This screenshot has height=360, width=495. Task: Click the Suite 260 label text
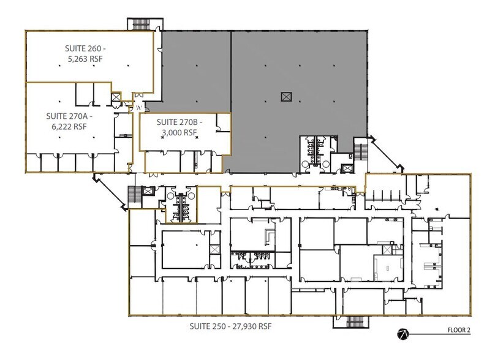coord(85,48)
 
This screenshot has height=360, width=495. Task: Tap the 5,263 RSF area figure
coord(85,59)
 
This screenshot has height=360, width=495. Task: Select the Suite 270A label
coord(69,116)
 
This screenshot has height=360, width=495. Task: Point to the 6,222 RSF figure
coord(69,127)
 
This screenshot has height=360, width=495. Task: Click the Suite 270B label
coord(179,122)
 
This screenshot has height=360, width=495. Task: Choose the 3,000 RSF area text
coord(179,132)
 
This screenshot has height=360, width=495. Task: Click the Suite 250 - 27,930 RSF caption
coord(230,326)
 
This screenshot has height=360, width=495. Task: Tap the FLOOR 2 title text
coord(459,330)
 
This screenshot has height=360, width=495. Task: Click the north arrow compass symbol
coord(403,334)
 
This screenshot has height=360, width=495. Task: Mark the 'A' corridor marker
coord(138,108)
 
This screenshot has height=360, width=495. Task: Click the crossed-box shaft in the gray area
coord(286,97)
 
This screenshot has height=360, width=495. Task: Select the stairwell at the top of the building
coord(145,24)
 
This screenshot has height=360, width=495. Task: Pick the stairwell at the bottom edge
coord(351,322)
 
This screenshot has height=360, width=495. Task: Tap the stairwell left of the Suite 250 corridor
coord(134,195)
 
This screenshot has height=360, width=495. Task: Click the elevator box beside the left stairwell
coord(148,191)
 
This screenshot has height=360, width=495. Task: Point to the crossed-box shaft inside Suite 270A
coord(116,97)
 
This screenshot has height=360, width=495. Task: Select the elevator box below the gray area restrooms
coord(347,168)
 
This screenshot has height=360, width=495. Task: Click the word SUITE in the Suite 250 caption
coord(198,326)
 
